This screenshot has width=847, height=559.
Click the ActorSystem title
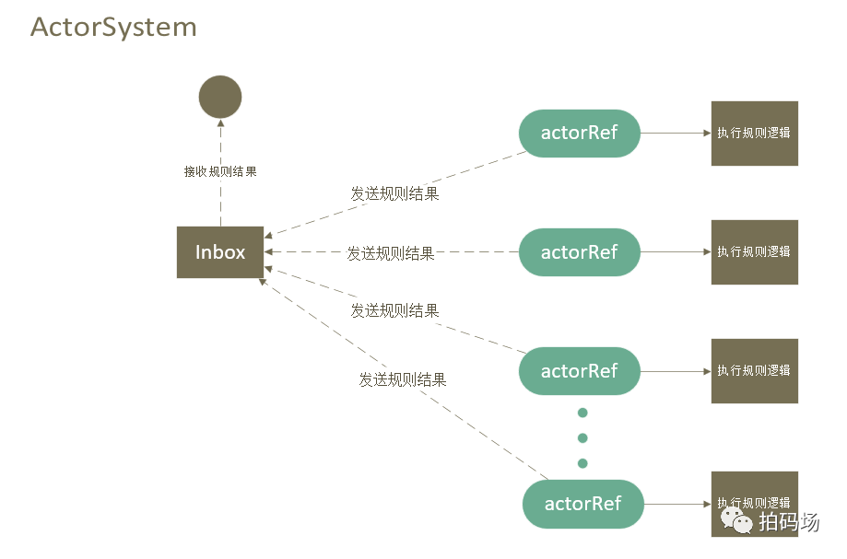coord(113,27)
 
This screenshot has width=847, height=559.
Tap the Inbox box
coord(220,252)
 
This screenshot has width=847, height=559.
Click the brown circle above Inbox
coord(220,97)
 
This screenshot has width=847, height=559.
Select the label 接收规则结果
coord(220,171)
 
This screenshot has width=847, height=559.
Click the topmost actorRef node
coord(579,133)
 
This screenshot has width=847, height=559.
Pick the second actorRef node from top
coord(579,252)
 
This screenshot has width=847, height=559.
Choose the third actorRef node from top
coord(579,371)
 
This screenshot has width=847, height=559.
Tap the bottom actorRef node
coord(582,504)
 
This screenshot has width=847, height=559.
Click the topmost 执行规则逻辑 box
coord(754,133)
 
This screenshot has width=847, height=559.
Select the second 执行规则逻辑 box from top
coord(754,251)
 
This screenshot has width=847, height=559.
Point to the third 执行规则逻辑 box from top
coord(754,370)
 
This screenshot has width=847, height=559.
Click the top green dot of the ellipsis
coord(582,413)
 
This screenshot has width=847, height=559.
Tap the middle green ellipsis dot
coord(582,437)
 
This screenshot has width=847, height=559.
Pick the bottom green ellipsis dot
coord(582,462)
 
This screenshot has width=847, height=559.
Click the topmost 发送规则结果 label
coord(394,193)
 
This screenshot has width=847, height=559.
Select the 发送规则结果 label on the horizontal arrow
coord(391,252)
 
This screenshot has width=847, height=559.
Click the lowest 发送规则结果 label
coord(403,378)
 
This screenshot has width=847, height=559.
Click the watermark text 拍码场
coord(789,522)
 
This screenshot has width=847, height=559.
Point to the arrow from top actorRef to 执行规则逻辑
coord(676,133)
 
